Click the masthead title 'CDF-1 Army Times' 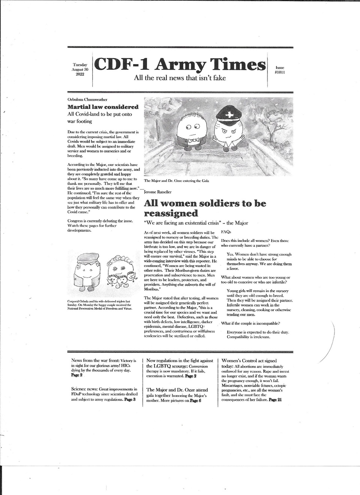tap(180, 64)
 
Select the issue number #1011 tap(280, 72)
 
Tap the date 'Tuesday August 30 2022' tap(80, 69)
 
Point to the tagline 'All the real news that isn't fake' tap(180, 78)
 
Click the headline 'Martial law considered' tap(103, 107)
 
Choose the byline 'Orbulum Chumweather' tap(87, 99)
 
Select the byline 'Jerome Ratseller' tap(158, 192)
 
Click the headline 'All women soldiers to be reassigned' tap(205, 208)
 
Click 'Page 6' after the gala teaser tap(195, 400)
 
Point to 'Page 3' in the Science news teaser tap(130, 400)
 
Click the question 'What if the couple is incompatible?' tap(250, 323)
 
